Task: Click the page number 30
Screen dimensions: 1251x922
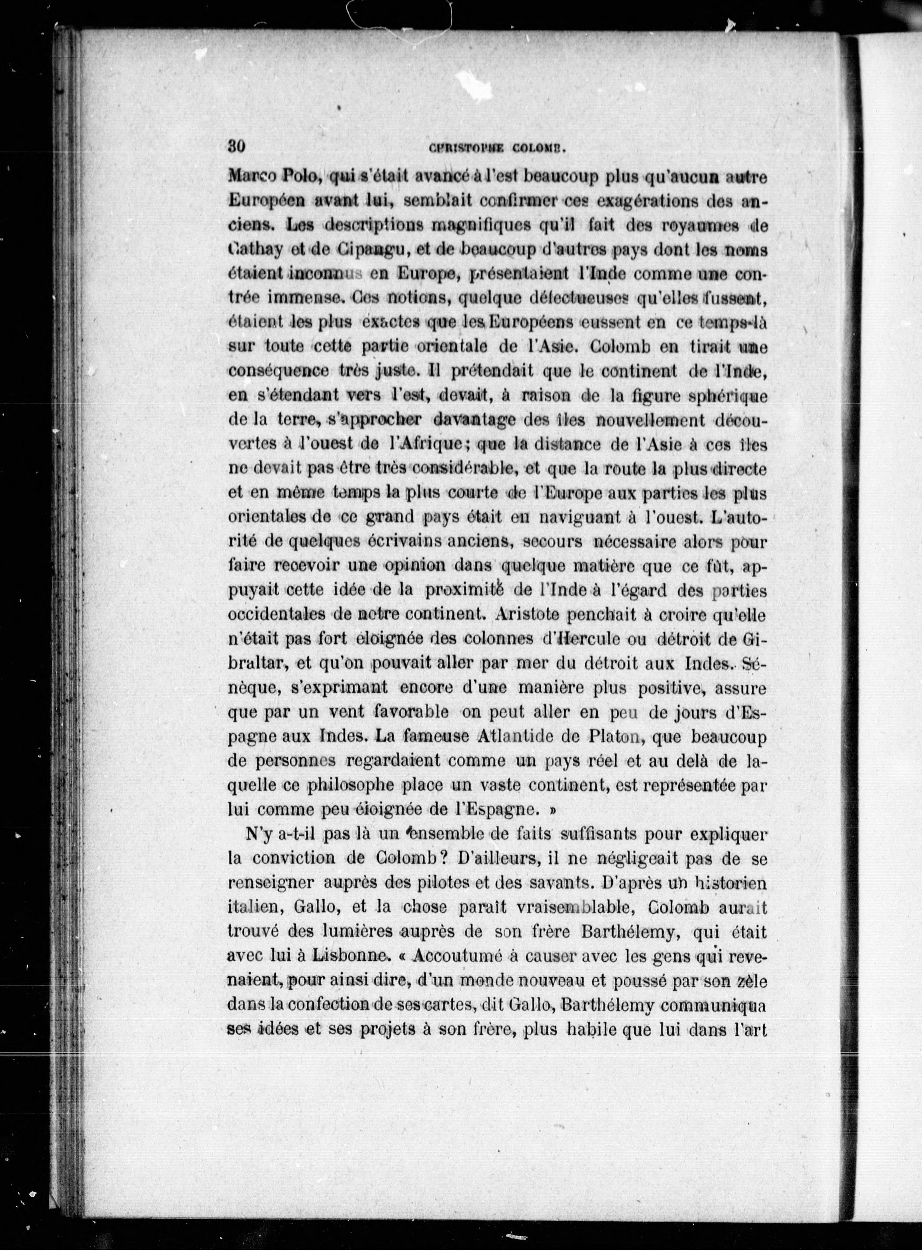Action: (x=237, y=146)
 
